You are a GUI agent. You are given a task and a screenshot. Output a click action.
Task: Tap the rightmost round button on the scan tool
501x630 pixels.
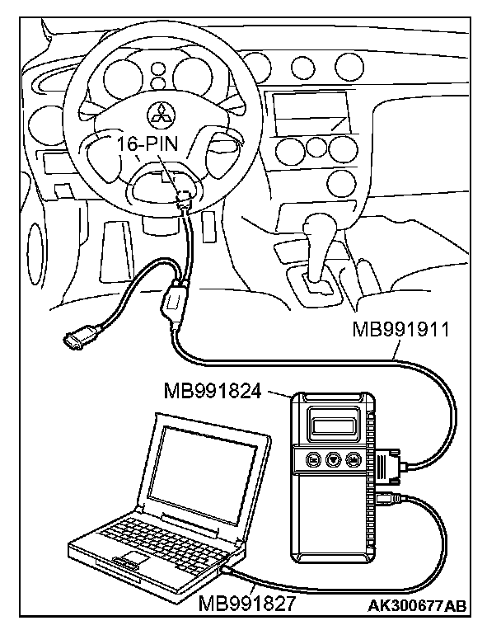(x=353, y=458)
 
